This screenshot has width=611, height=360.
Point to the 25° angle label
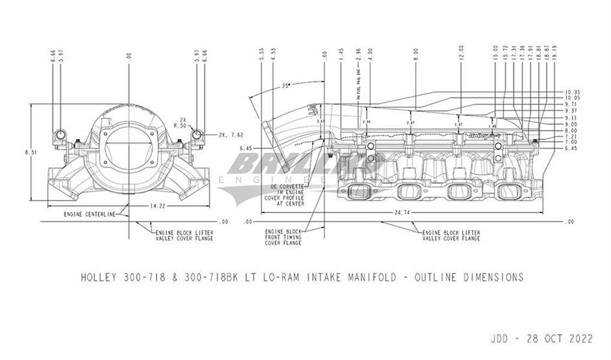286,85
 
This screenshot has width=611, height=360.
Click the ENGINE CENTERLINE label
90,214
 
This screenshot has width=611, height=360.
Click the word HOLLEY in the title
99,277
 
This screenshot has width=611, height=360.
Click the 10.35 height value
572,92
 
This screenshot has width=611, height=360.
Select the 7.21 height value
572,136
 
